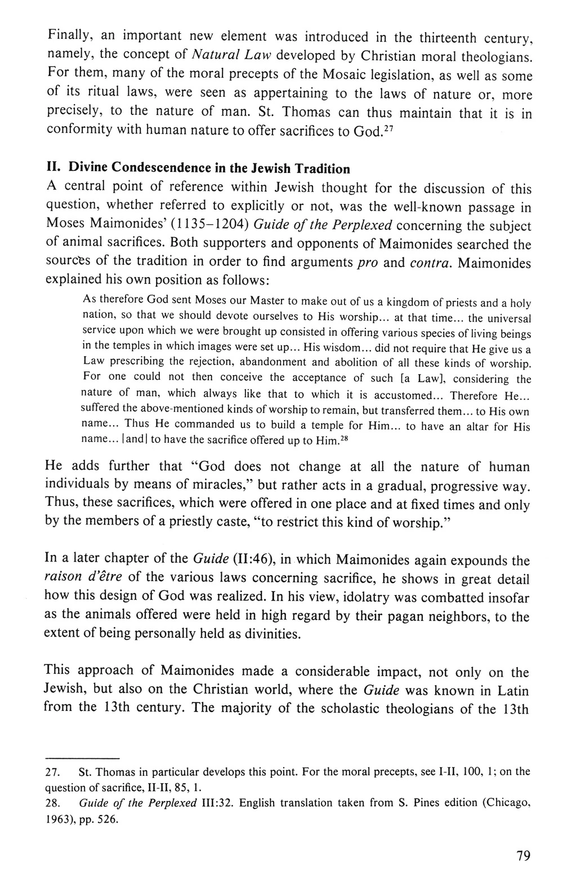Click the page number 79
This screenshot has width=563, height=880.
[x=523, y=856]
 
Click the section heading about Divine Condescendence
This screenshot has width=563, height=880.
[x=198, y=168]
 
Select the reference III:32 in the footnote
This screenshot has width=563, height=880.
[x=217, y=802]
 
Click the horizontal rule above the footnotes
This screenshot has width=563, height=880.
[x=82, y=757]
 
